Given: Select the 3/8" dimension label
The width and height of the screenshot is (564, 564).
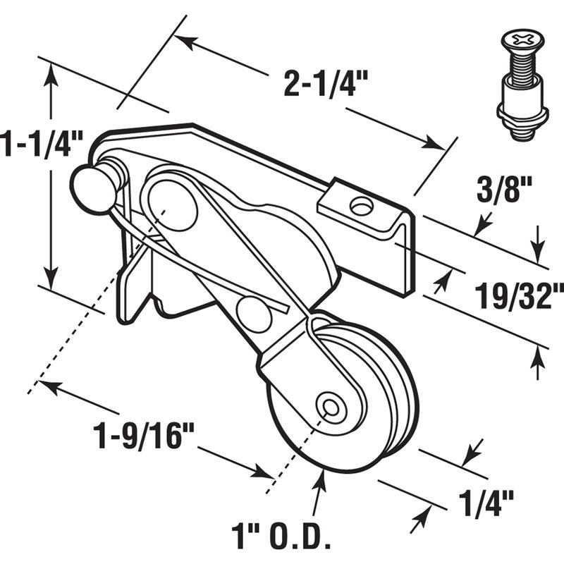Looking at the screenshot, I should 496,193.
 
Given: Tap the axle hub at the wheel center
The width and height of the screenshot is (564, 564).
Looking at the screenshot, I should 330,407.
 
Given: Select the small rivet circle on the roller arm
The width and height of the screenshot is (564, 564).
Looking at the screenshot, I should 255,314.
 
